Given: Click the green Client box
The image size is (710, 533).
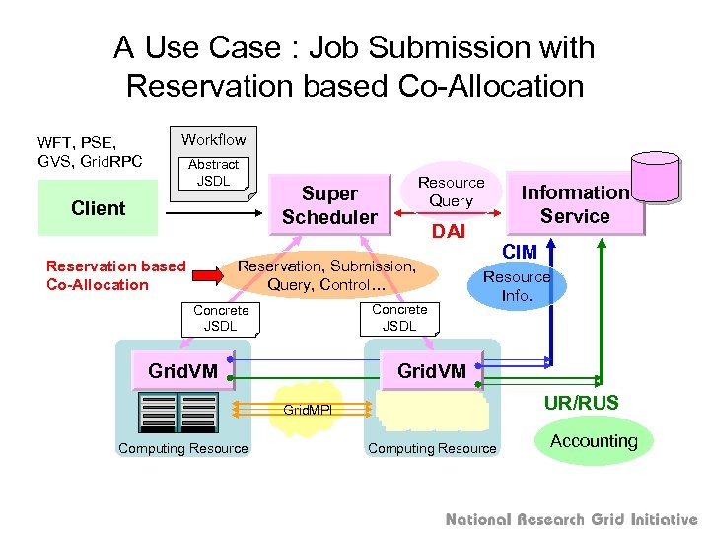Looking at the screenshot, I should point(98,208).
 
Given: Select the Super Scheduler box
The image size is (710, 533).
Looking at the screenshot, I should point(329,205).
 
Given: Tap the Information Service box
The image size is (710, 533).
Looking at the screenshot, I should point(575,204).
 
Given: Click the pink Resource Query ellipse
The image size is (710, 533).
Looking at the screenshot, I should point(451,191).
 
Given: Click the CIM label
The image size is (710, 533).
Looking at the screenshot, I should point(520,253).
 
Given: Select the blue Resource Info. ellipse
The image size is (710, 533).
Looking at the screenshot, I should point(517,286).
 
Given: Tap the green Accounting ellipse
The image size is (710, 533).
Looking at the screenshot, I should point(594,441).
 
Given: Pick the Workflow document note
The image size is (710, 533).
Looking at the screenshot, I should point(213,139).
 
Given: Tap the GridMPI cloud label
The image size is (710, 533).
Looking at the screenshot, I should point(307,409).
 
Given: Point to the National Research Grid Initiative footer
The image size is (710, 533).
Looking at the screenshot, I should point(571,519).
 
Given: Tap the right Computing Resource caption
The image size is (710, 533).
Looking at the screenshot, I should point(432,449).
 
